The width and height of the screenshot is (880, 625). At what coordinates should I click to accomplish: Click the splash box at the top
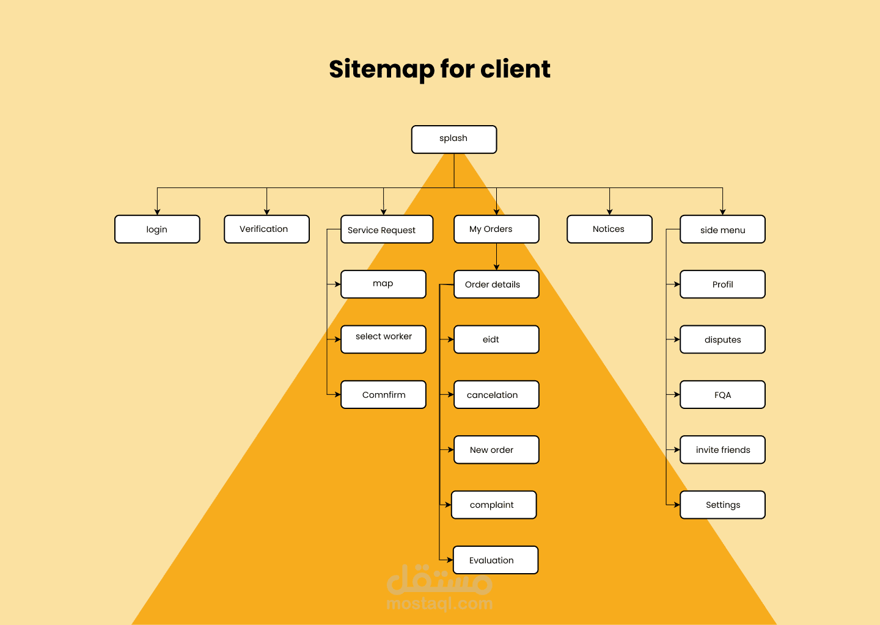point(453,139)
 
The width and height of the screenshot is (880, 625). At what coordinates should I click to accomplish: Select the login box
point(157,229)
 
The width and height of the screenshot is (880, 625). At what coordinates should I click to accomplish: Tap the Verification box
point(266,229)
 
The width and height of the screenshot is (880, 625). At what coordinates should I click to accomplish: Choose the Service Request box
point(387,229)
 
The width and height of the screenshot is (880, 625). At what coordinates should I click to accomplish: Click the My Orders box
point(496,229)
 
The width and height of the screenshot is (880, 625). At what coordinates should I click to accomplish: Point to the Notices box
point(609,229)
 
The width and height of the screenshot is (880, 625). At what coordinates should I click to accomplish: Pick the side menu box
point(722,229)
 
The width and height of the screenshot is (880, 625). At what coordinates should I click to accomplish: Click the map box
point(383,284)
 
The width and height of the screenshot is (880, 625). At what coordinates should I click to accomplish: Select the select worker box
point(383,339)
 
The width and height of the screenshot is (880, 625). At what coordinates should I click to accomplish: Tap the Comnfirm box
point(383,395)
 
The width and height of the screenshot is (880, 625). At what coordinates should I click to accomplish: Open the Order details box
point(496,284)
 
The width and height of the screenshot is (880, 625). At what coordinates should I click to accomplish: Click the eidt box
point(496,339)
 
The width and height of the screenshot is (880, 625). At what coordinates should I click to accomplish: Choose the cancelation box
point(496,395)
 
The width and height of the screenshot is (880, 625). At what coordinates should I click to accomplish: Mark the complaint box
point(494,505)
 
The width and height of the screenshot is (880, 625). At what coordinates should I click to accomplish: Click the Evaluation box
point(496,560)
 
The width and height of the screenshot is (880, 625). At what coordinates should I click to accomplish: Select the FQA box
point(722,395)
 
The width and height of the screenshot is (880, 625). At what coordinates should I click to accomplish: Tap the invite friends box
point(722,450)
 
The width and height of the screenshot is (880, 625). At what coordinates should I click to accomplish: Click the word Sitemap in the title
point(382,70)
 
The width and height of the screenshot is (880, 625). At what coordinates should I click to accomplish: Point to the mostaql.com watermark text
point(439,604)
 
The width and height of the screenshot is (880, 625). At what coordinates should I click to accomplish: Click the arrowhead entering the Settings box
point(677,505)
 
